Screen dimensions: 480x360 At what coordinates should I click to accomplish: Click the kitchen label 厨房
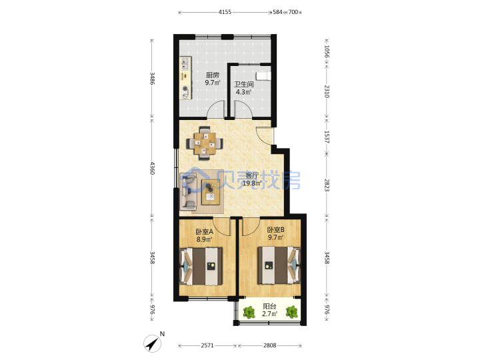(x=213, y=75)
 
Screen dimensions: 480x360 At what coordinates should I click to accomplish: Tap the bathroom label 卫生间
(x=244, y=84)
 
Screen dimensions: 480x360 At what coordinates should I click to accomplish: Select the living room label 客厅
(x=252, y=176)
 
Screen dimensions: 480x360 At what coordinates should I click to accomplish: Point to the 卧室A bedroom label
(x=205, y=232)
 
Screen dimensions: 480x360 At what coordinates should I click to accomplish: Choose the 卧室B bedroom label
(x=276, y=229)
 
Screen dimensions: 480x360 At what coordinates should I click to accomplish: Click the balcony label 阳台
(x=270, y=306)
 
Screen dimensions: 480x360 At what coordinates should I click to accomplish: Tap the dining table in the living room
(x=205, y=143)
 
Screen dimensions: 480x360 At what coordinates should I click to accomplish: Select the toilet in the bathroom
(x=263, y=76)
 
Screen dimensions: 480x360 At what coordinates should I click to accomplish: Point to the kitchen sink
(x=185, y=64)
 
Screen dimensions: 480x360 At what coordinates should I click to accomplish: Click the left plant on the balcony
(x=249, y=313)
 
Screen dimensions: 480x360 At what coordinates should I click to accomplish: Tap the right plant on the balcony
(x=292, y=312)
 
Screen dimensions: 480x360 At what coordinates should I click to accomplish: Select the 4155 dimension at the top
(x=225, y=12)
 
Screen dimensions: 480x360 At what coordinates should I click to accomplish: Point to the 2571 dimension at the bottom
(x=207, y=345)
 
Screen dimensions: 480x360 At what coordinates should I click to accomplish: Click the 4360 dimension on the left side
(x=152, y=168)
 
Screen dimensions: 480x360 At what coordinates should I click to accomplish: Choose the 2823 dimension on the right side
(x=327, y=185)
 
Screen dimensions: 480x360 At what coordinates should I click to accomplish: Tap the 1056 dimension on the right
(x=327, y=52)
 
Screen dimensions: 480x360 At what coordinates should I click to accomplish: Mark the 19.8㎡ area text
(x=252, y=184)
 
